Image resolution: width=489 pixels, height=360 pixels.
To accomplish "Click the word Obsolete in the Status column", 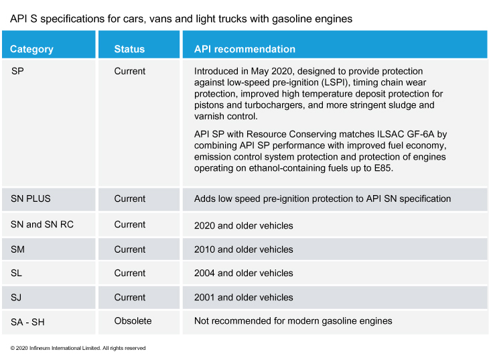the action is pos(133,320).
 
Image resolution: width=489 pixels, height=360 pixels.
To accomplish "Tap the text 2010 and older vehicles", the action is pos(244,249).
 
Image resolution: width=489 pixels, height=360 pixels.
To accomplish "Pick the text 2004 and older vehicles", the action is pos(244,273).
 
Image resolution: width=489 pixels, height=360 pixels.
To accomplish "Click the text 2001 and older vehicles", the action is pos(244,297).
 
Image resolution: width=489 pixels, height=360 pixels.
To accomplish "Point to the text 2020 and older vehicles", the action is pos(244,225).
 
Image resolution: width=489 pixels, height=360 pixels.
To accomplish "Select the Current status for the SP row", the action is pos(130,71).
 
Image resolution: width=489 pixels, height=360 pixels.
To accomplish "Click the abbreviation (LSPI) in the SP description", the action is pos(335,82).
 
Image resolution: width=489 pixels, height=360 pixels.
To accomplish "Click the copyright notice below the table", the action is pos(78,348).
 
